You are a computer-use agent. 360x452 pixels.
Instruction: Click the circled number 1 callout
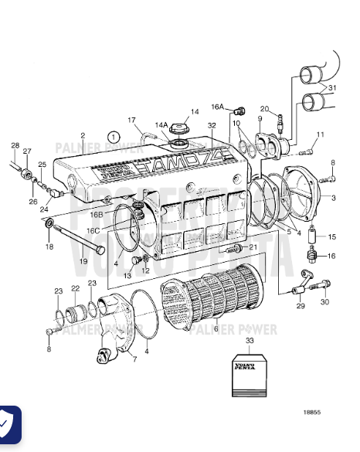click(x=114, y=137)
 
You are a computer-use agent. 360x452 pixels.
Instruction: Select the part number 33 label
click(x=249, y=341)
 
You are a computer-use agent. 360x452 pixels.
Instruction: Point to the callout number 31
click(x=333, y=88)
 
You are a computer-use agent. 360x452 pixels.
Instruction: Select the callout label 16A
click(x=217, y=107)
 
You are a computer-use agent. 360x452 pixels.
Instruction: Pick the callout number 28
click(x=15, y=145)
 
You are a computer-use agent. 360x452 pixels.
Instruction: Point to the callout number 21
click(x=253, y=246)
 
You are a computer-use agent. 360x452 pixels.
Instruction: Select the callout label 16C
click(x=93, y=230)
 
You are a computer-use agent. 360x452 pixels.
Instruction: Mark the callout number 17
click(x=132, y=120)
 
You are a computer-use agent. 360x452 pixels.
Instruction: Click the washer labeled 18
click(x=50, y=225)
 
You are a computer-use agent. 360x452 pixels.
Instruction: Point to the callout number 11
click(x=320, y=135)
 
